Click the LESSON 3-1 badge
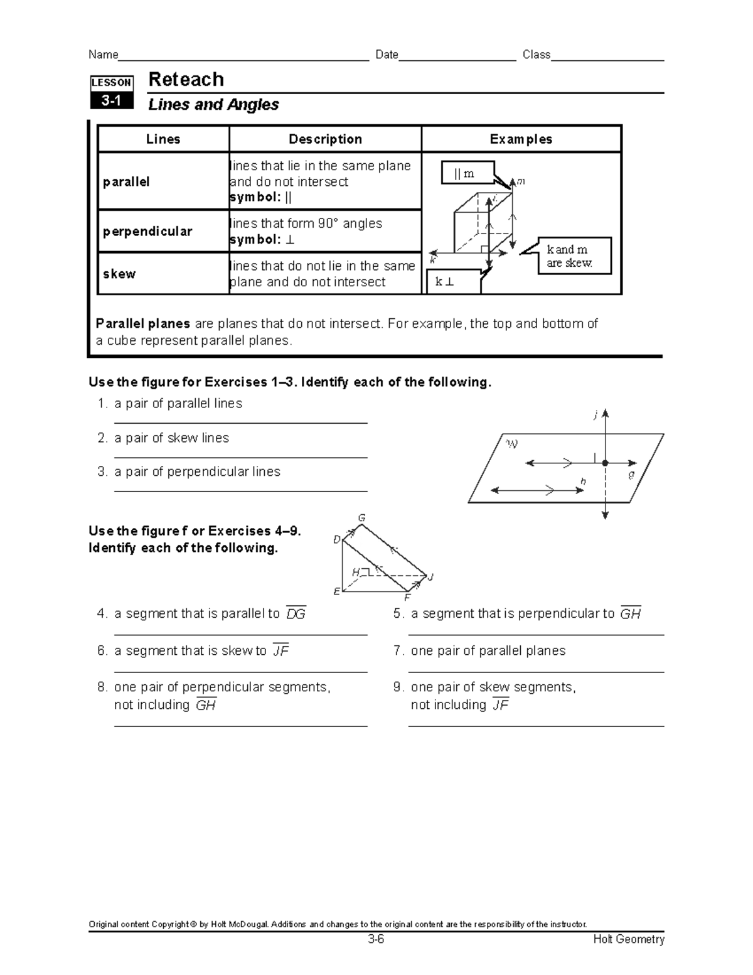(112, 92)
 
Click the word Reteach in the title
(186, 80)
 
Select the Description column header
(325, 139)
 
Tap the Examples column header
(521, 139)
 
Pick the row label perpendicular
(147, 231)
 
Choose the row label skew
(119, 274)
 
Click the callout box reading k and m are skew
(574, 256)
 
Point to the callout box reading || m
(467, 173)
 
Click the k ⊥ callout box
(453, 282)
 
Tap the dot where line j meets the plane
(606, 463)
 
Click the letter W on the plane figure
(512, 444)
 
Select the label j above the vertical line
(596, 414)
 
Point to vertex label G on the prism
(361, 518)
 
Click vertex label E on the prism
(337, 591)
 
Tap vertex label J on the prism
(431, 577)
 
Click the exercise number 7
(398, 650)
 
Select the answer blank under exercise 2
(240, 457)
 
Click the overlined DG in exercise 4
(296, 614)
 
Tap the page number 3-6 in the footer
(376, 939)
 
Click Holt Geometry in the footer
(629, 939)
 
